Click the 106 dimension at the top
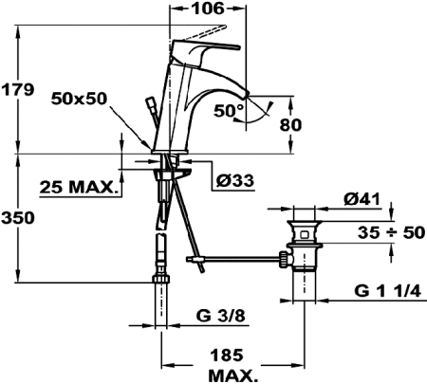click(208, 9)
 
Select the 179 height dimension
click(18, 90)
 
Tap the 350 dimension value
click(18, 218)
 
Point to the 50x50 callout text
click(80, 99)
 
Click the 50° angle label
click(230, 111)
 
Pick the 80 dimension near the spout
click(290, 124)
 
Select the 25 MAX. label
click(78, 187)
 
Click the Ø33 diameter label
click(235, 180)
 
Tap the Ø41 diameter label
click(362, 199)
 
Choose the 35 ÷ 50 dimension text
click(392, 232)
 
